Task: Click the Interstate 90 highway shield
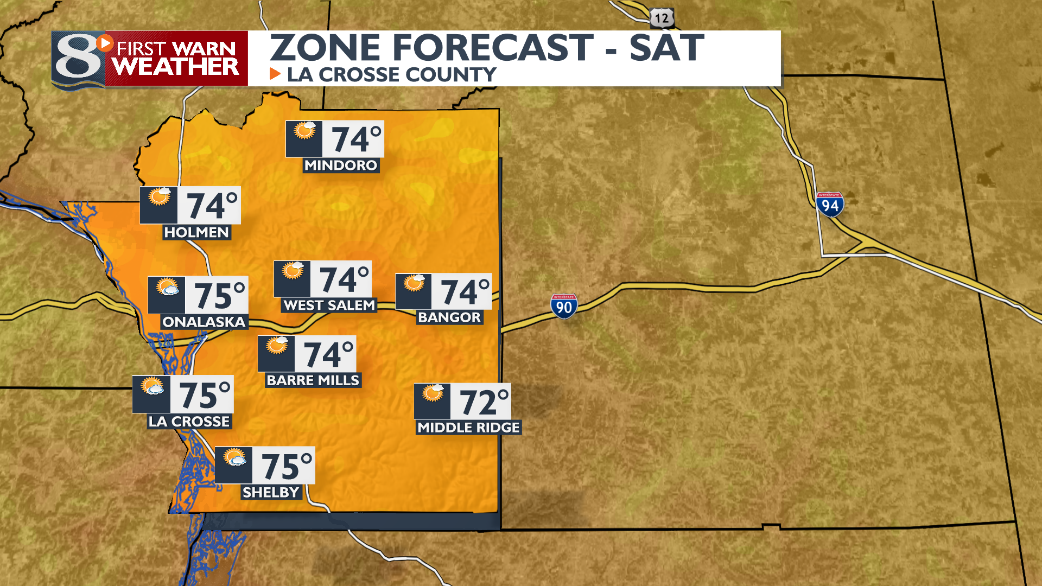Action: (564, 307)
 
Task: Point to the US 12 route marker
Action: (662, 18)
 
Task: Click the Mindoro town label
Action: (341, 165)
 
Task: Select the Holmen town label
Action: (196, 232)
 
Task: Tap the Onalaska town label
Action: (204, 322)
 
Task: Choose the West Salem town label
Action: (329, 305)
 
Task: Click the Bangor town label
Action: (449, 317)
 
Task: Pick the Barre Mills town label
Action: (313, 380)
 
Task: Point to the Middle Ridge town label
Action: (468, 428)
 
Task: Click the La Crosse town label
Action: (189, 422)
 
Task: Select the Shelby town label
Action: (271, 492)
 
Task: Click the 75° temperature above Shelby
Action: (287, 466)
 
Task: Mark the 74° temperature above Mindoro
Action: (356, 139)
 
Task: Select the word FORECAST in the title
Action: (493, 48)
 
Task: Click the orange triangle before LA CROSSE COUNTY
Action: (275, 74)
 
